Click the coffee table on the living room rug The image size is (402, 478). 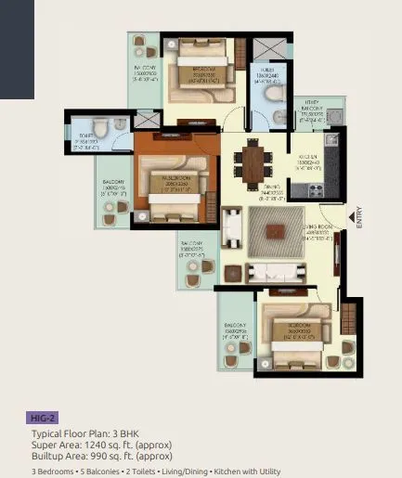pos(274,232)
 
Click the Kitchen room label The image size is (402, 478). pos(309,161)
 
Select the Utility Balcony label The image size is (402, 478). pos(309,113)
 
